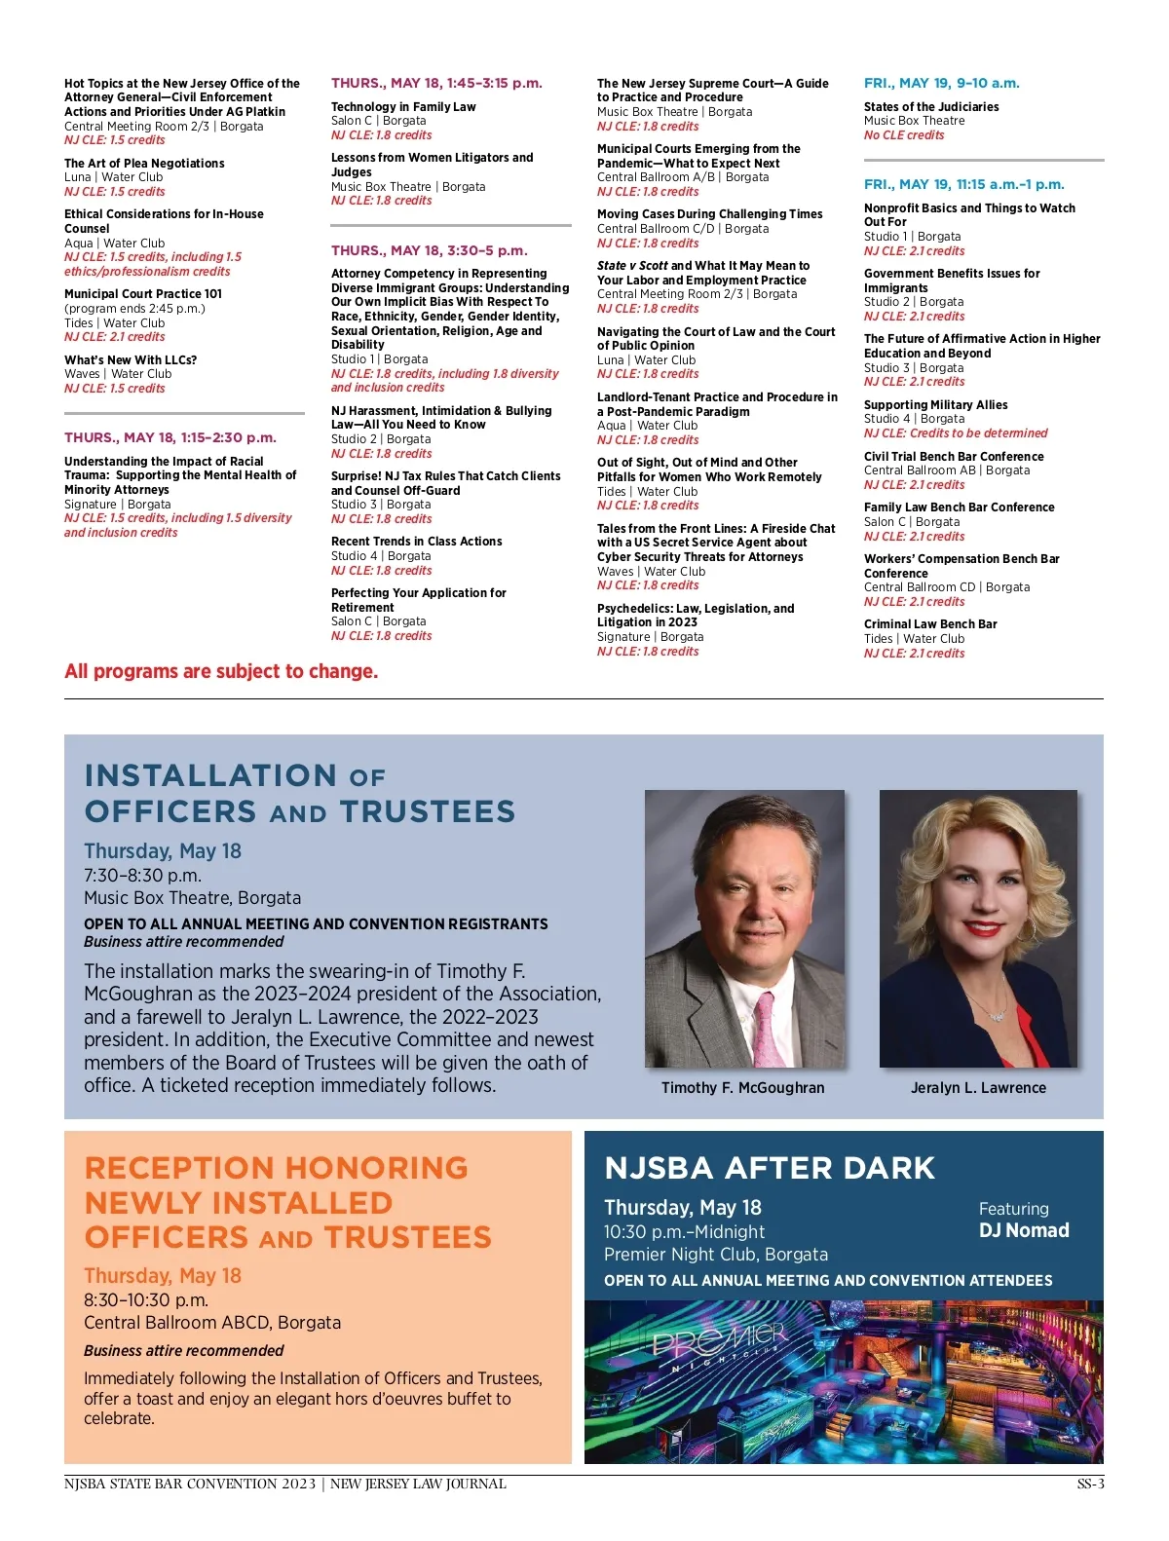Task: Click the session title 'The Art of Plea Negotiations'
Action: coord(144,164)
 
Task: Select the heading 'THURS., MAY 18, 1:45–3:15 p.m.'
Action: coord(436,84)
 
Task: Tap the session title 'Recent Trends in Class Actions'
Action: coord(417,542)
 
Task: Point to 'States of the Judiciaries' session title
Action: coord(931,107)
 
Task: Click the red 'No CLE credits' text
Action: coord(904,135)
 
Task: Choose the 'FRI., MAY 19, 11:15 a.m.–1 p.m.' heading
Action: coord(964,185)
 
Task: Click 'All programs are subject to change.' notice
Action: coord(221,672)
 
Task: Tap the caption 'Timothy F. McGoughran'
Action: coord(742,1088)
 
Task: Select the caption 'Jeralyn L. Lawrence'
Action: coord(978,1088)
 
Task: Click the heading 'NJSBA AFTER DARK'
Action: coord(770,1168)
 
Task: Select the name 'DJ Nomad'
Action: coord(1024,1231)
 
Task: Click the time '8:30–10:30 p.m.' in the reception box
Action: coord(146,1300)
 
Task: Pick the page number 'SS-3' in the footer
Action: coord(1090,1485)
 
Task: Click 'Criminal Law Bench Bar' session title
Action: coord(930,624)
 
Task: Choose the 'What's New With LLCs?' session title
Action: coord(131,360)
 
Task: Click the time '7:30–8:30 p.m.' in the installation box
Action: coord(143,876)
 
